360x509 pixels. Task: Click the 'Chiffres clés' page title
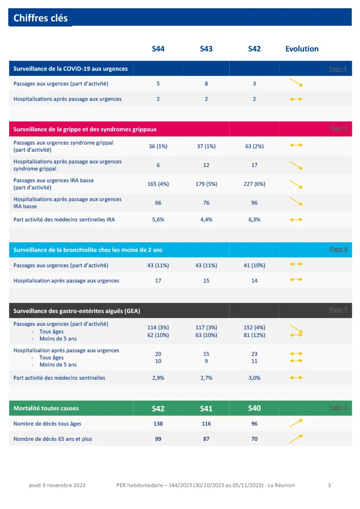click(40, 18)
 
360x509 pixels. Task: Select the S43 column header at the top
click(206, 49)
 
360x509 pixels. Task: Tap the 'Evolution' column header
click(302, 49)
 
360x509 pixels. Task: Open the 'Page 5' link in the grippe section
click(338, 128)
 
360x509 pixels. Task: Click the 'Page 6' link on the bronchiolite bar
click(338, 249)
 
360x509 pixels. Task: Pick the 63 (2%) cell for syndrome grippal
click(254, 146)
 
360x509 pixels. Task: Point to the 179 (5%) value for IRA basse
click(206, 184)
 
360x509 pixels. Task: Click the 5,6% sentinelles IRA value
click(158, 219)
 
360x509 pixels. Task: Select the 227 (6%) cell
click(254, 184)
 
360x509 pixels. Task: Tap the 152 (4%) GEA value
click(254, 327)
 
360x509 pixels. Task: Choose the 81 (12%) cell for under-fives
click(254, 335)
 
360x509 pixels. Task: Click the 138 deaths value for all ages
click(158, 423)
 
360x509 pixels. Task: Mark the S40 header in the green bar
click(254, 408)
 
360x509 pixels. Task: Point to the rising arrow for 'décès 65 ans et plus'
click(296, 438)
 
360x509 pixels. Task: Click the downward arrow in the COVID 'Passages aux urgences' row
click(296, 83)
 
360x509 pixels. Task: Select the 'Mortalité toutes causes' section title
click(46, 408)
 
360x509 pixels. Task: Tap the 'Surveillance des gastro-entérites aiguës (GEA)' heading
click(77, 310)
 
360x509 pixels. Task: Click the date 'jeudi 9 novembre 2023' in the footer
click(57, 485)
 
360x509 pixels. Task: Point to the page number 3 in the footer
click(329, 485)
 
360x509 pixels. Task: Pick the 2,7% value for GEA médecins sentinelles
click(206, 378)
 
